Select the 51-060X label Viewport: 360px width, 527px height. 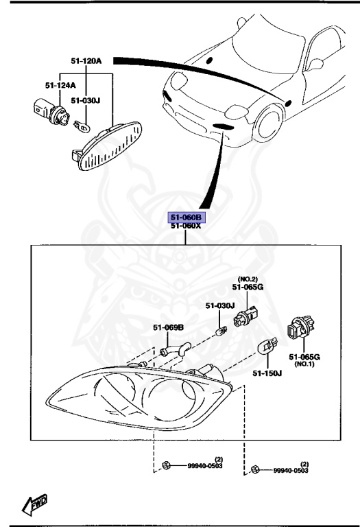click(186, 226)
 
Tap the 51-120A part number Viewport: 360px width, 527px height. click(86, 61)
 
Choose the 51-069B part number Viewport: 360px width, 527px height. click(167, 328)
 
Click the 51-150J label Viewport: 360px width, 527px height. click(267, 374)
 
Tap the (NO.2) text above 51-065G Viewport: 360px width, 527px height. click(248, 279)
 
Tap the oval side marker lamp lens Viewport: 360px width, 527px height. click(109, 145)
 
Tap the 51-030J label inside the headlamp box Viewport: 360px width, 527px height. click(220, 305)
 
